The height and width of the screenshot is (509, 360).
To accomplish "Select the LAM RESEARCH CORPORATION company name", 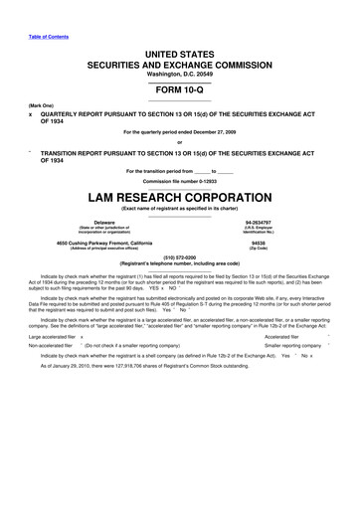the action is [179, 198].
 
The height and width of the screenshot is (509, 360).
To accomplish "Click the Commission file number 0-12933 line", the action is [179, 180].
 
